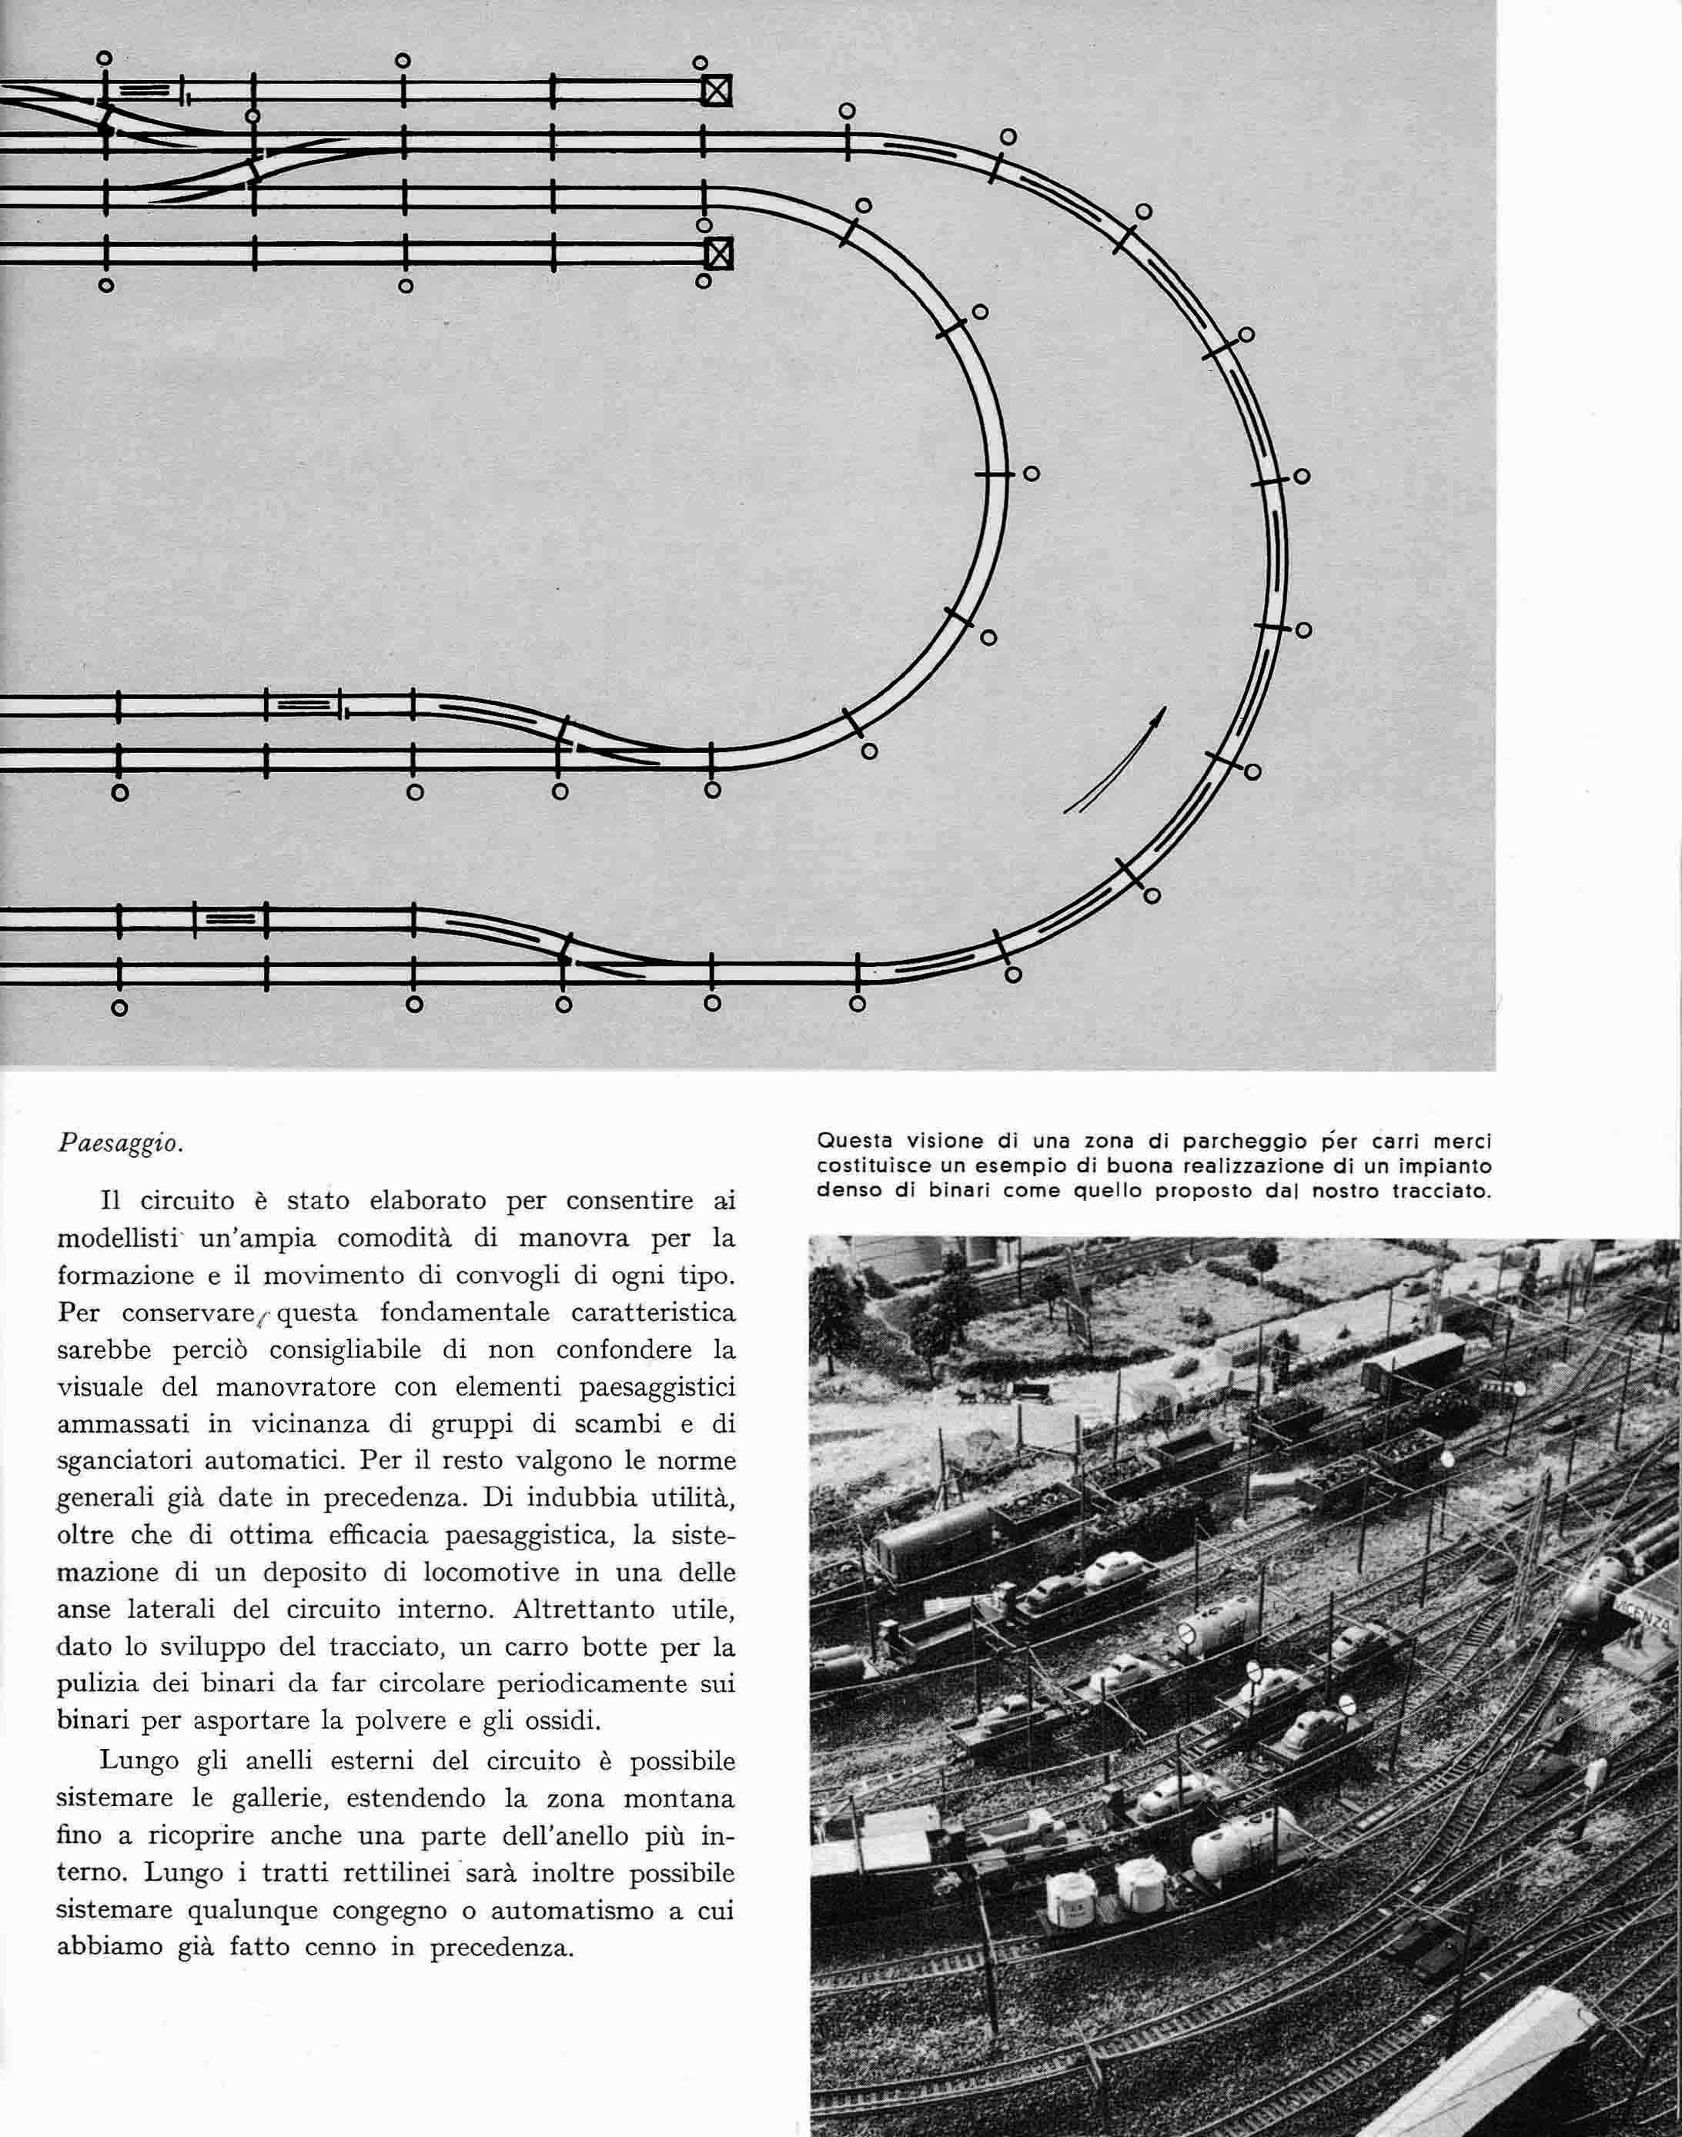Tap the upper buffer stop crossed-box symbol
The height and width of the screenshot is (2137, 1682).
click(717, 92)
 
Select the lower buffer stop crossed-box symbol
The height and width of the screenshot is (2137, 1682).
click(720, 254)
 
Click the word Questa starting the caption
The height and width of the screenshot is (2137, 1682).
click(853, 1142)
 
